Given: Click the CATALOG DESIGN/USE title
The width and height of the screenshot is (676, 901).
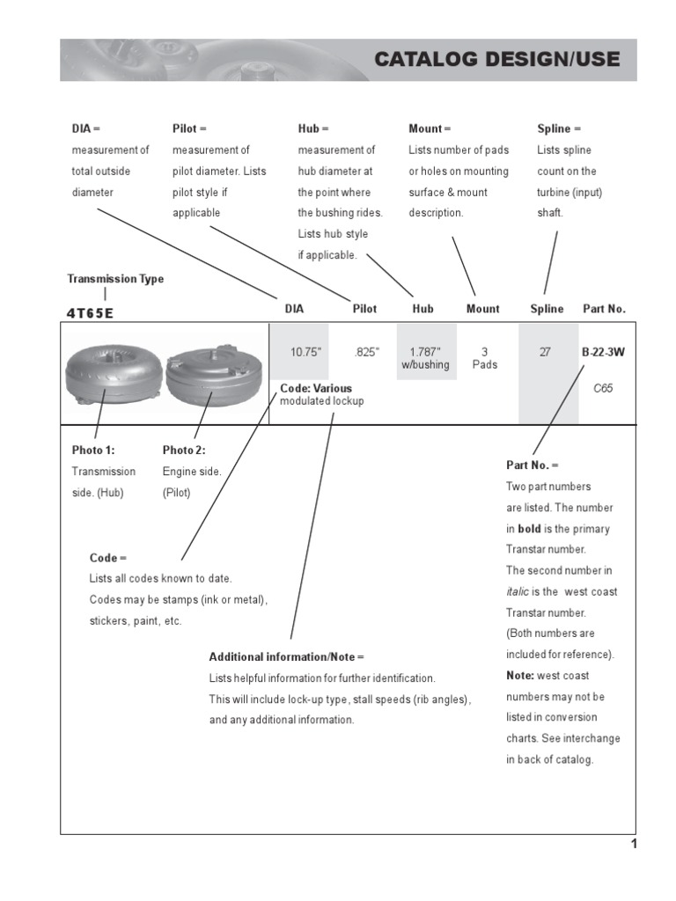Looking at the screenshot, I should coord(496,60).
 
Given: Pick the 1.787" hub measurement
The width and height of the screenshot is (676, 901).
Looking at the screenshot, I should coord(425,352).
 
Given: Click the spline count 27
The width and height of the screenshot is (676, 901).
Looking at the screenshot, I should coord(545,352).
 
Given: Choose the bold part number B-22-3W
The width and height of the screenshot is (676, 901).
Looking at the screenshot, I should coord(603,352).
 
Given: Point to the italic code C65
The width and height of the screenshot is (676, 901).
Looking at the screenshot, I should coord(603,388).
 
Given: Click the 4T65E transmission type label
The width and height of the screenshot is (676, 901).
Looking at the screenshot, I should coord(91,312).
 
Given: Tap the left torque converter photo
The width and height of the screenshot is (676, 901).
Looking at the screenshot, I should coord(113,373).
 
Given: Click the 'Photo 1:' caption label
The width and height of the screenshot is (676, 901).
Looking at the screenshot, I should coord(92,450).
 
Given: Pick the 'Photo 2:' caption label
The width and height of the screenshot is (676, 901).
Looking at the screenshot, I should coord(183,450).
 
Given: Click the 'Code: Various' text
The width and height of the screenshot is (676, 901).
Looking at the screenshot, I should coord(316,388).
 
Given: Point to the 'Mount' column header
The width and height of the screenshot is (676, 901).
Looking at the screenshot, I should coord(482,309).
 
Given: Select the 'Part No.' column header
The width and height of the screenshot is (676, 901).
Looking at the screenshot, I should coord(604,309).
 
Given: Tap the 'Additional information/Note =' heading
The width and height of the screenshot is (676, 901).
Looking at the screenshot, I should coord(286,657).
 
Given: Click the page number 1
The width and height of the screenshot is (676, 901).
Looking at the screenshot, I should coord(633,845).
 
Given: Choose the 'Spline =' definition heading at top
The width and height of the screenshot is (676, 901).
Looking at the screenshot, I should coord(554,128).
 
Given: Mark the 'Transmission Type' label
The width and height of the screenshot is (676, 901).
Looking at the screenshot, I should coord(115,279).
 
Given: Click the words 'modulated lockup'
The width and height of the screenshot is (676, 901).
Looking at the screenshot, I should coord(321,401).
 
